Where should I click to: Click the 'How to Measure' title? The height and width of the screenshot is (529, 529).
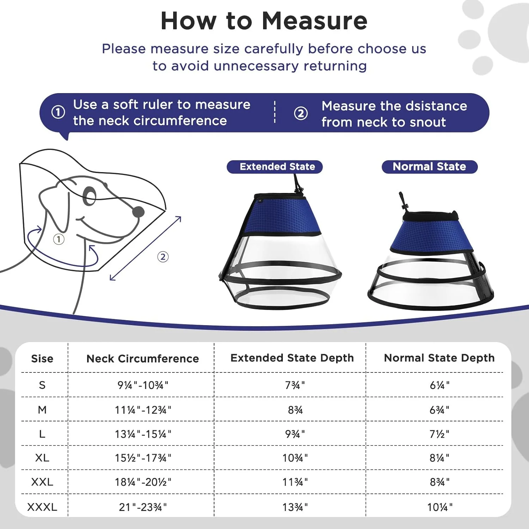tap(264, 21)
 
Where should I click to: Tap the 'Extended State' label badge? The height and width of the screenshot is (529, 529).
tap(275, 167)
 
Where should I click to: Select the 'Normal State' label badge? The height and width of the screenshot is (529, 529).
tap(430, 167)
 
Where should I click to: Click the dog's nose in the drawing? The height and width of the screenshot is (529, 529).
tap(138, 212)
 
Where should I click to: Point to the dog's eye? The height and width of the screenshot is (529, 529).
tap(89, 196)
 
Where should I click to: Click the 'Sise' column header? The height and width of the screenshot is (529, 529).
tap(42, 359)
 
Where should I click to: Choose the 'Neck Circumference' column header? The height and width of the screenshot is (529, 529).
tap(142, 359)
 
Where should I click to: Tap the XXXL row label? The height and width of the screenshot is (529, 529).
tap(42, 507)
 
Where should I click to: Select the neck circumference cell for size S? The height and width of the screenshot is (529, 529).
tap(143, 385)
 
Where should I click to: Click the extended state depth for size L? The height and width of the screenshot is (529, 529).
tap(295, 434)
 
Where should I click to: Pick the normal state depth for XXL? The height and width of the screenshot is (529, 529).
tap(439, 482)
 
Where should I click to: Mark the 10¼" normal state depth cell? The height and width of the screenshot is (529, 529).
tap(439, 507)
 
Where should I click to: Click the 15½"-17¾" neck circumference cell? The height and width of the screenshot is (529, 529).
tap(143, 458)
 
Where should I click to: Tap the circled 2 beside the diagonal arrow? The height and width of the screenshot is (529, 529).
tap(163, 257)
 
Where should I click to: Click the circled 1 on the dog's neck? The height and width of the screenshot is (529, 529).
tap(59, 239)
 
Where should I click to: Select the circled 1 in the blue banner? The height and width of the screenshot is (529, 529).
tap(58, 112)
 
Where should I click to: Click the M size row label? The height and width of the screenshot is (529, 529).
tap(42, 409)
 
